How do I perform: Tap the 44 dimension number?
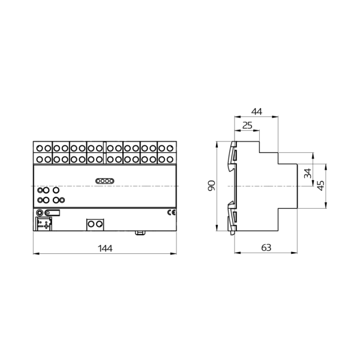coord(256,112)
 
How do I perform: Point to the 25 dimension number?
coord(246,126)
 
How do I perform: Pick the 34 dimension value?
coord(308,175)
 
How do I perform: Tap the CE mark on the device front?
coord(170,212)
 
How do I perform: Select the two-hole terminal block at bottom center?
coord(95,224)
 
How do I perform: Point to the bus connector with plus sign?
coord(44,224)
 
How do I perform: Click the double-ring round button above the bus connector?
coord(40,212)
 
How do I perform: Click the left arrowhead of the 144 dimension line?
coord(35,254)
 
